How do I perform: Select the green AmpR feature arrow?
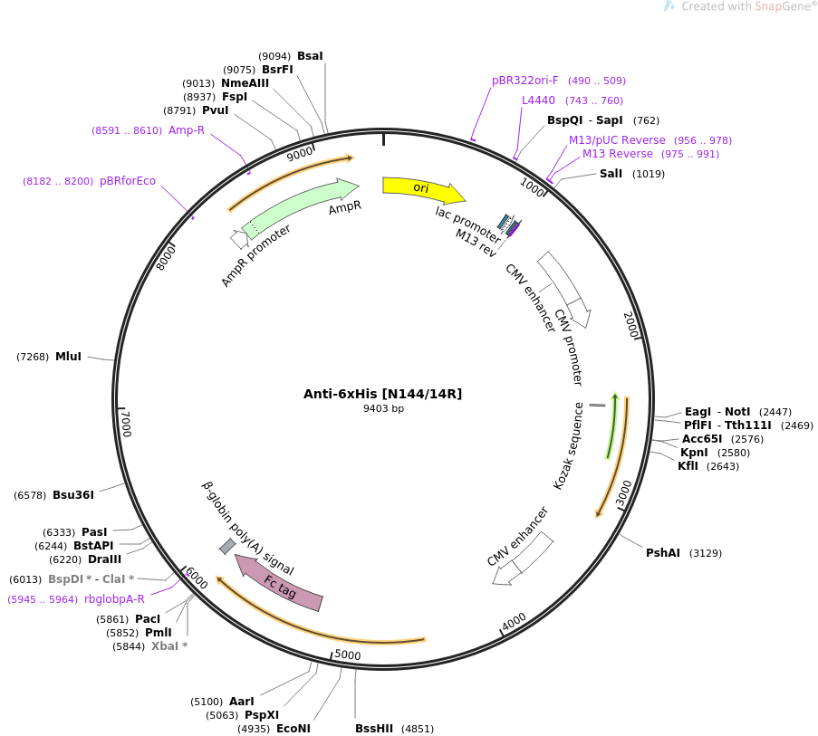click(x=300, y=207)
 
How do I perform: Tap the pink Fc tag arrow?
click(x=279, y=582)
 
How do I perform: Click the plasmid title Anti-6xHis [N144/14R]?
click(x=383, y=394)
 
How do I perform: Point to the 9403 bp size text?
click(x=383, y=408)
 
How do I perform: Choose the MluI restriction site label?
click(x=68, y=357)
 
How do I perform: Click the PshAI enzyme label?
click(x=662, y=552)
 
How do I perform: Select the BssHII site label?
click(x=374, y=728)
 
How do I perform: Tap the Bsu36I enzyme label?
click(x=73, y=494)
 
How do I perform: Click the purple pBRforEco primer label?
click(x=128, y=181)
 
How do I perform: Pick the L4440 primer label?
click(x=538, y=100)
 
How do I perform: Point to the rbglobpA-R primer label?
click(x=114, y=599)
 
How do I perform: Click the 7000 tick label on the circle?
click(x=126, y=424)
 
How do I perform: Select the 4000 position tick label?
click(x=514, y=622)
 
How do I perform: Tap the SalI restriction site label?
click(x=611, y=174)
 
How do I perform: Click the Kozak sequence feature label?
click(x=568, y=446)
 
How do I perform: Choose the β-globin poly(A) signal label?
click(x=248, y=528)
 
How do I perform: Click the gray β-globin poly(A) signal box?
click(x=227, y=546)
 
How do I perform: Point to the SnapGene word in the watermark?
click(x=782, y=6)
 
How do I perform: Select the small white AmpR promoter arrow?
click(x=239, y=239)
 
